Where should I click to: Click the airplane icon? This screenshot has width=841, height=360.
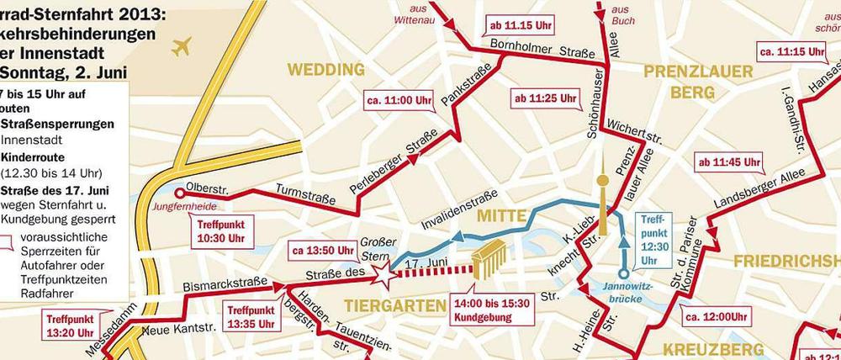(180, 48)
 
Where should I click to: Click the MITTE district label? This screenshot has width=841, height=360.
(501, 216)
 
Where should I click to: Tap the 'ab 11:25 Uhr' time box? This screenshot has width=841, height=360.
(542, 100)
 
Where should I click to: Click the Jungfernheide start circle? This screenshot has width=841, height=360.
(179, 192)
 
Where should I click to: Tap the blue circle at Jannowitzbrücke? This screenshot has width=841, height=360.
(623, 273)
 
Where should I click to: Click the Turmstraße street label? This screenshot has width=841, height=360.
(300, 195)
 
